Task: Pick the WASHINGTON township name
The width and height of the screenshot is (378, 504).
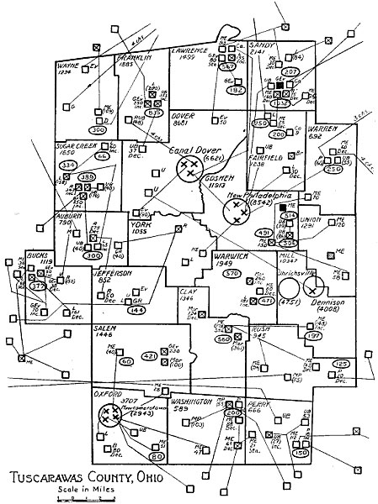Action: (194, 402)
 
